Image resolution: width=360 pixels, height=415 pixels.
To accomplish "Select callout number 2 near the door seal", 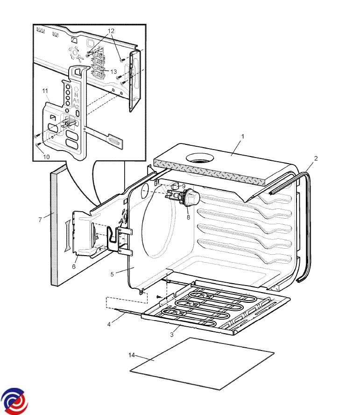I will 316,158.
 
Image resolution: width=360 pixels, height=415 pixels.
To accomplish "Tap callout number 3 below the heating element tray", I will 172,335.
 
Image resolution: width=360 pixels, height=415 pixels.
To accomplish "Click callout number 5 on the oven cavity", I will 112,274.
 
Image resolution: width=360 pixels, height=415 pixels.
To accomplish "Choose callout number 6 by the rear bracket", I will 74,266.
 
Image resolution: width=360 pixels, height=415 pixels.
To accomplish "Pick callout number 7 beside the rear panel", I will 40,219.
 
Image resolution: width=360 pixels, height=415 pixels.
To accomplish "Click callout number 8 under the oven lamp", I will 188,216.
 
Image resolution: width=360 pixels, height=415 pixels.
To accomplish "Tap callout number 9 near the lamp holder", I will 184,186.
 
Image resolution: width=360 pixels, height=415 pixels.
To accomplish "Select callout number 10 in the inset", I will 46,157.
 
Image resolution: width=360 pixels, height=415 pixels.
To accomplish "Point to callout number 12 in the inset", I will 111,31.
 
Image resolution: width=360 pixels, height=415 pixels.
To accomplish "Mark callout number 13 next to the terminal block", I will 113,72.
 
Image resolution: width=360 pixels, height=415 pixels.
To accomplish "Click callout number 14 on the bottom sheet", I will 132,355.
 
